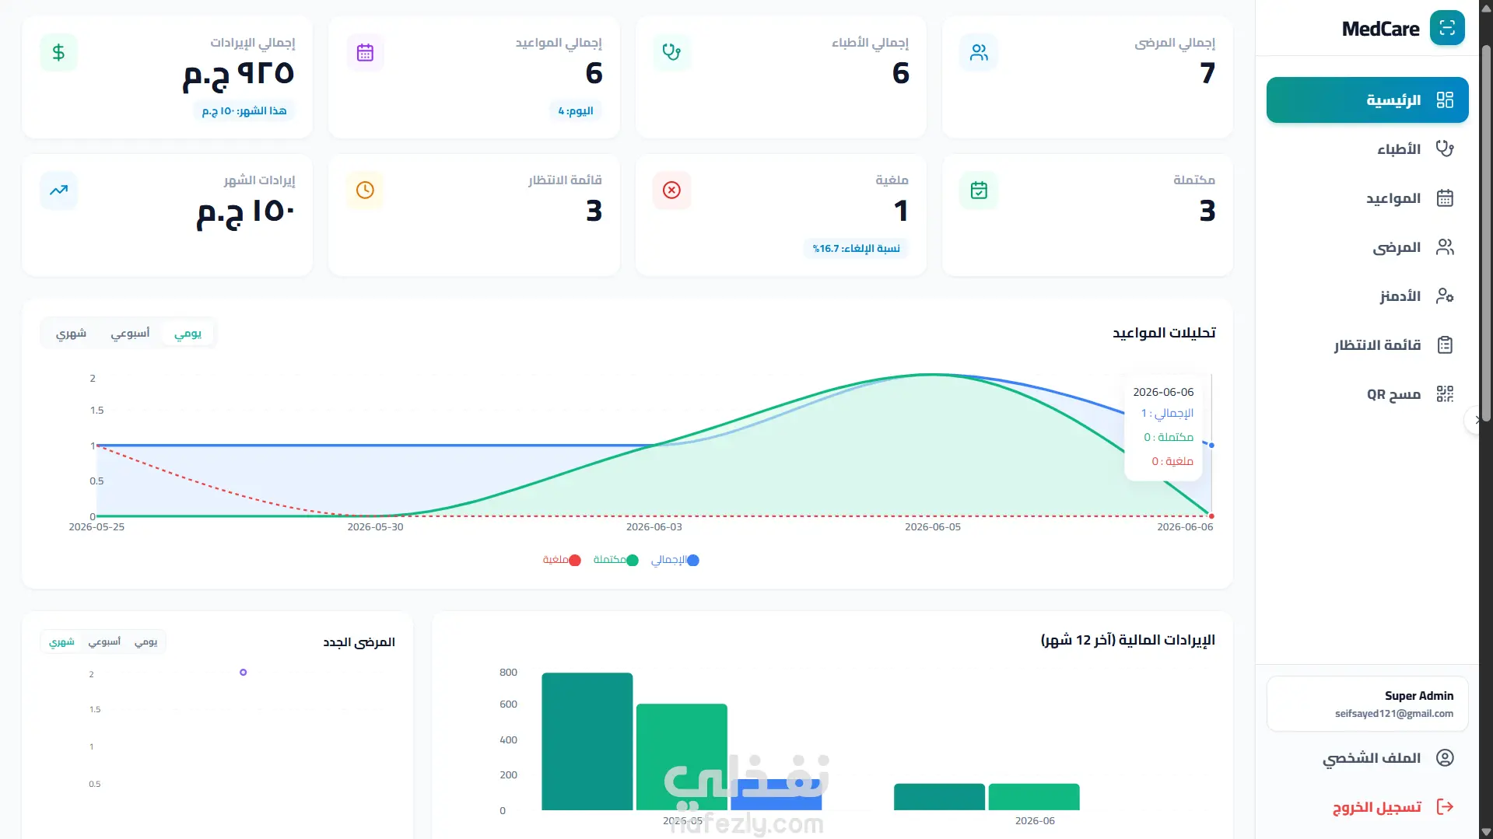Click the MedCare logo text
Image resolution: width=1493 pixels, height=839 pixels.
pos(1380,29)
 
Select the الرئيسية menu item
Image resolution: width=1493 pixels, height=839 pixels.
pos(1367,100)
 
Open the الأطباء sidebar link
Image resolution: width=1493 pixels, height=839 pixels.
pos(1398,149)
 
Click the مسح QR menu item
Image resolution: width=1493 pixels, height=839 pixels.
pos(1393,394)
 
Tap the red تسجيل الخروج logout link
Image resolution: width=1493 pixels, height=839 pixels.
pos(1376,806)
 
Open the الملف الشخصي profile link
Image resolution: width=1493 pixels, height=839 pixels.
pos(1372,757)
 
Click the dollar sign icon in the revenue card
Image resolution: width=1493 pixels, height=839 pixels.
pos(58,53)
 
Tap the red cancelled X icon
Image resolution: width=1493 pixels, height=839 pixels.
pos(671,190)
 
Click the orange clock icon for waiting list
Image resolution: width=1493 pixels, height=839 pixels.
pos(365,190)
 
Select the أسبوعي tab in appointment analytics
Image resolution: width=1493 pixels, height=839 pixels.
pos(130,333)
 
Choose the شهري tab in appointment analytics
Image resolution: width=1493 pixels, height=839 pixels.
pos(71,333)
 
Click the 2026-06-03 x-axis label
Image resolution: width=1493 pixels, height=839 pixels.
pos(654,527)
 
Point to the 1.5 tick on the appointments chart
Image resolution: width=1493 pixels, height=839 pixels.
pos(96,411)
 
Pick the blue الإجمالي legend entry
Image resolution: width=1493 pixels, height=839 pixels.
pos(675,560)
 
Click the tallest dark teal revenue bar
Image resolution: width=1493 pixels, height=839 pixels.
pos(587,741)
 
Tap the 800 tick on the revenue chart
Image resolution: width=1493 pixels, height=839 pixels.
pos(508,673)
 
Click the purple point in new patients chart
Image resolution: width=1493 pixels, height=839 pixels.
pos(244,673)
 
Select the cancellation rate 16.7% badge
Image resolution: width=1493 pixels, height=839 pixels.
pos(856,249)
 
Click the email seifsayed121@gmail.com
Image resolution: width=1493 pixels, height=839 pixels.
pos(1393,714)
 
